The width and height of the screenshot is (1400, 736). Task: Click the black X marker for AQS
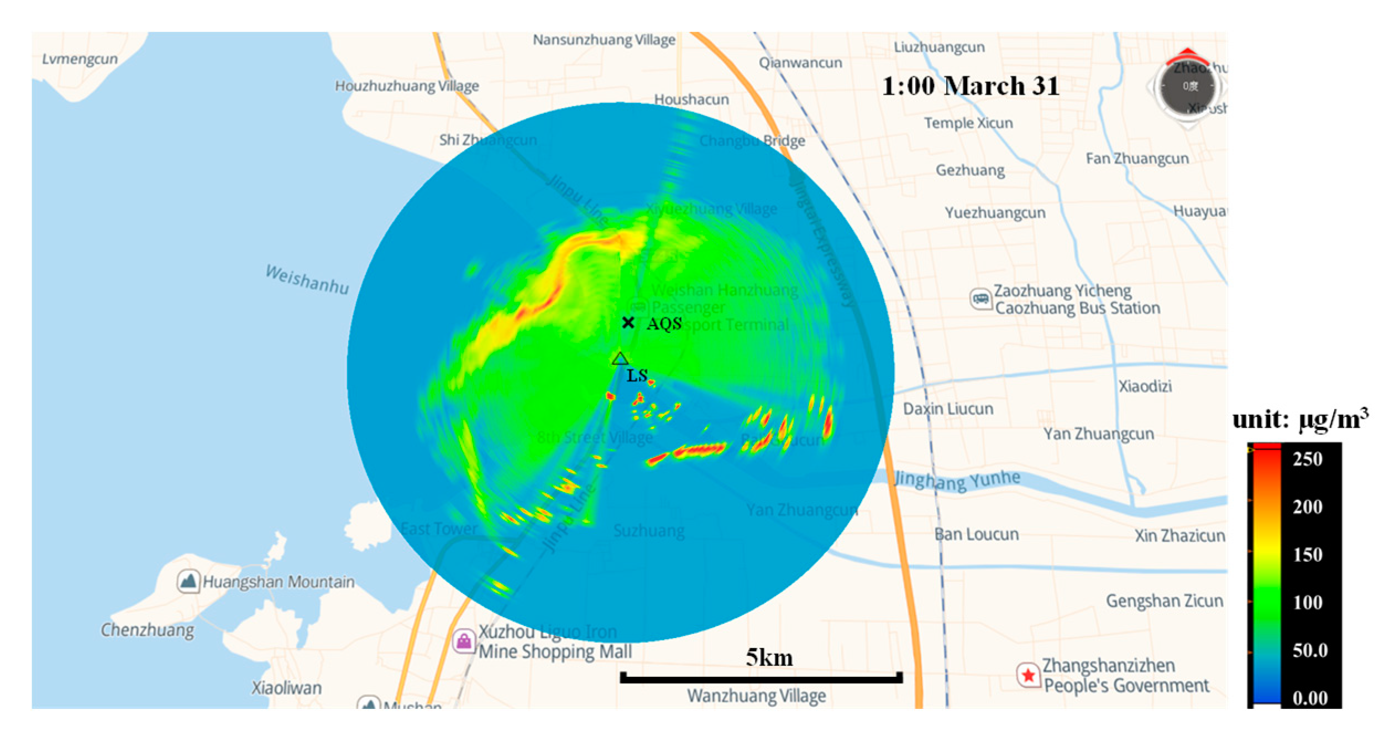pyautogui.click(x=627, y=322)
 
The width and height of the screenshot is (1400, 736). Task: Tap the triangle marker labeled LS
pyautogui.click(x=620, y=359)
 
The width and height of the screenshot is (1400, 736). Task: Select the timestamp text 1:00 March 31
pyautogui.click(x=970, y=86)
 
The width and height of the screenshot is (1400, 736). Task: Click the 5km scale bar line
pyautogui.click(x=761, y=677)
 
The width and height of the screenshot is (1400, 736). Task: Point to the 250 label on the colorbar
pyautogui.click(x=1307, y=459)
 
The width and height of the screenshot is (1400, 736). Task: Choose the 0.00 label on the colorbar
pyautogui.click(x=1309, y=698)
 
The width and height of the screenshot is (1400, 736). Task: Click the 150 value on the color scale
pyautogui.click(x=1307, y=555)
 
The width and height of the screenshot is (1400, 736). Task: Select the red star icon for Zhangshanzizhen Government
pyautogui.click(x=1028, y=675)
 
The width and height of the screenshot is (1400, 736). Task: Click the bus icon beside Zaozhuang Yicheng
pyautogui.click(x=981, y=299)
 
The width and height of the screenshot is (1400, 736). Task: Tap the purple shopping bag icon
pyautogui.click(x=464, y=641)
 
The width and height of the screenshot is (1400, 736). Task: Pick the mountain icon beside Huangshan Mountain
pyautogui.click(x=188, y=582)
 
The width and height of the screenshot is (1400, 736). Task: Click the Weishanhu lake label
pyautogui.click(x=307, y=279)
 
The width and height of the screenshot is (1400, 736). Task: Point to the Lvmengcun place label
pyautogui.click(x=80, y=59)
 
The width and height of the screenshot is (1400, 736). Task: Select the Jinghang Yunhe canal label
pyautogui.click(x=957, y=480)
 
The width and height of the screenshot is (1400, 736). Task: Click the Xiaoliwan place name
pyautogui.click(x=286, y=688)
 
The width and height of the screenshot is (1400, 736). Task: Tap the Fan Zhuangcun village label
pyautogui.click(x=1137, y=159)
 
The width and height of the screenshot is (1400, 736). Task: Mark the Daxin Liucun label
pyautogui.click(x=948, y=409)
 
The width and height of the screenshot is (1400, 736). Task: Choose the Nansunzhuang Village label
pyautogui.click(x=604, y=40)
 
